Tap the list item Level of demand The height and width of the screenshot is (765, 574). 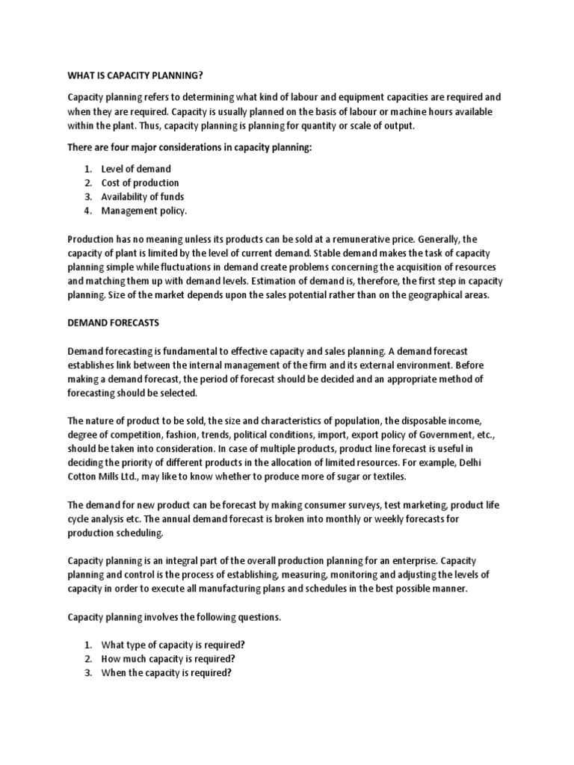136,169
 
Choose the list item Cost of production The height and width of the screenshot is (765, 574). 141,182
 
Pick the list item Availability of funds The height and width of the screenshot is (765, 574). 143,196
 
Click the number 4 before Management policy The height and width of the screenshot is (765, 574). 87,211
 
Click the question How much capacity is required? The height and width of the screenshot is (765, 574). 168,658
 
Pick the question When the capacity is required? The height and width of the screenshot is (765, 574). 167,672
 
